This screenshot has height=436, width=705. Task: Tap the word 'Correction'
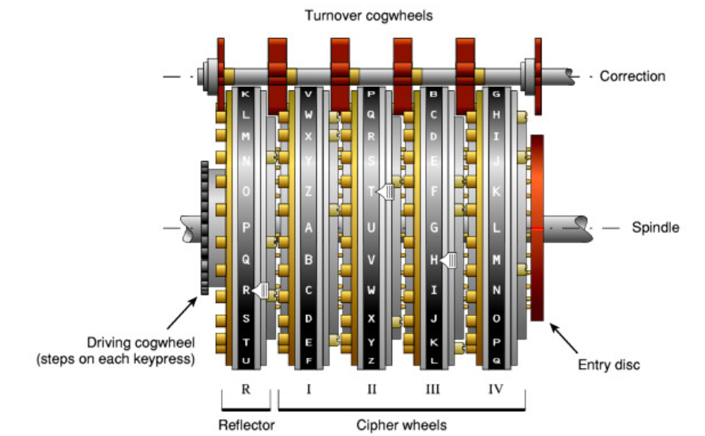point(632,77)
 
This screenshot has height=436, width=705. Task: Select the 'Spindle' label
point(655,227)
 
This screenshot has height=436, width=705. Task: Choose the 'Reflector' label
point(246,426)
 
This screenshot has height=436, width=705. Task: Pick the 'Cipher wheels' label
point(402,426)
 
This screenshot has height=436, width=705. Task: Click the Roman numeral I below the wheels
point(307,389)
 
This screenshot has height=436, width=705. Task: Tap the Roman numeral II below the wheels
point(371,389)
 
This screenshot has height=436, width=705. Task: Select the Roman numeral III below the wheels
point(433,389)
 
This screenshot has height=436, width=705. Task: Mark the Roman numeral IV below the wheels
point(496,389)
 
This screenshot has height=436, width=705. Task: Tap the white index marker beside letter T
point(386,191)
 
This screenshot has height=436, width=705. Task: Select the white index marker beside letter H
point(449,260)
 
